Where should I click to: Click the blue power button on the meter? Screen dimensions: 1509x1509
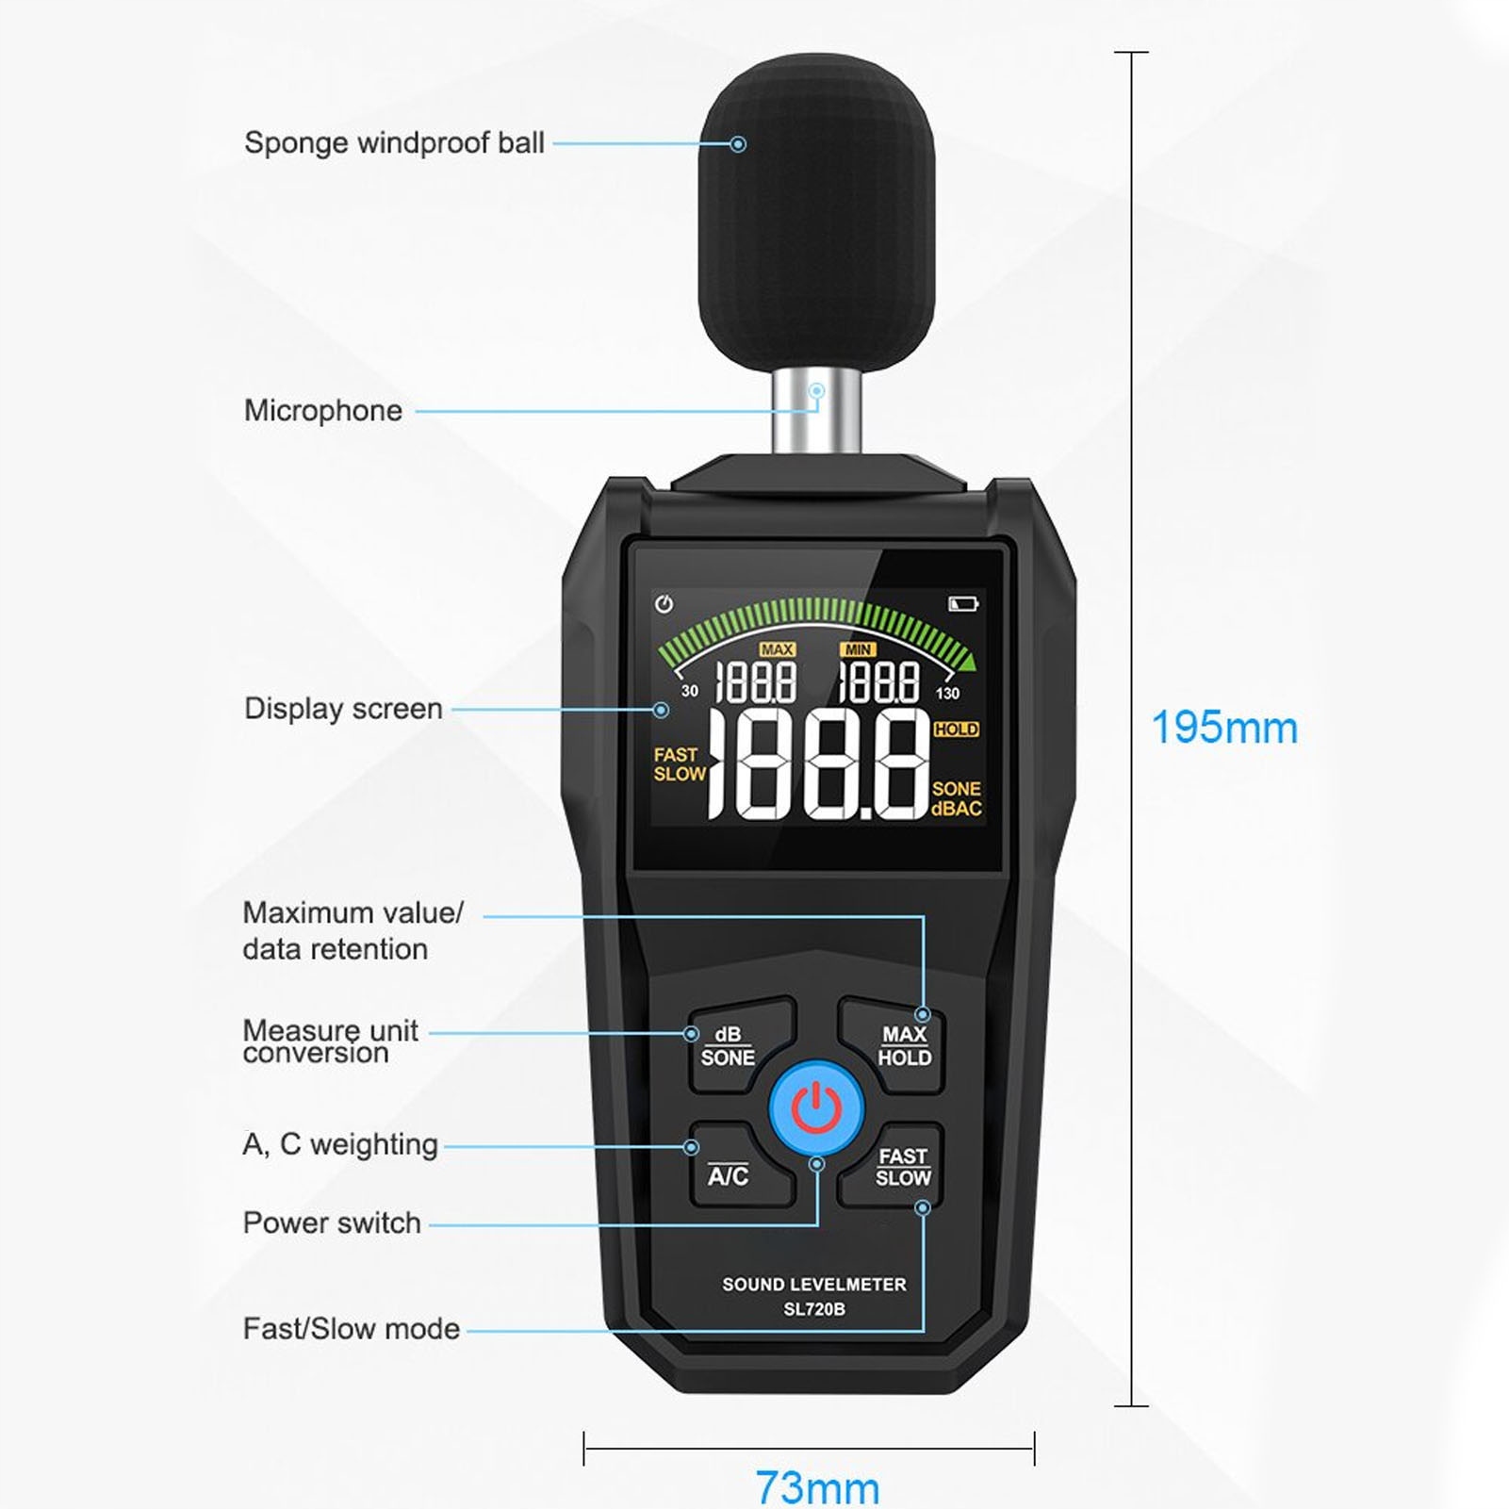click(816, 1108)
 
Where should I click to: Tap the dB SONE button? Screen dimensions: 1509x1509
click(729, 1046)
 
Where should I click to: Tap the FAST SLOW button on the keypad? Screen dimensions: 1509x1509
click(903, 1167)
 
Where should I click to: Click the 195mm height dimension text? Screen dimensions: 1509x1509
click(1224, 728)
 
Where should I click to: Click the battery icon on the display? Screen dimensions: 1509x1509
click(962, 603)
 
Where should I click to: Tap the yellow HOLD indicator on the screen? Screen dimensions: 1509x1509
click(956, 730)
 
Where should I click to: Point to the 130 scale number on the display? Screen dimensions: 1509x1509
click(947, 694)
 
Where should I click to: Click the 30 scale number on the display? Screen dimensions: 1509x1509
click(690, 691)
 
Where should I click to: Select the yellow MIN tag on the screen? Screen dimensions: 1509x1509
click(858, 649)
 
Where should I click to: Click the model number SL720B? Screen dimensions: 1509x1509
click(814, 1309)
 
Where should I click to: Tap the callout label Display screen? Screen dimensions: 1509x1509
click(343, 709)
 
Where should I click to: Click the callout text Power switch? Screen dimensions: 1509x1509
click(332, 1223)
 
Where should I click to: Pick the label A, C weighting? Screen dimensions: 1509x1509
click(340, 1144)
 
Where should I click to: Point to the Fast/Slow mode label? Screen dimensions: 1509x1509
click(352, 1329)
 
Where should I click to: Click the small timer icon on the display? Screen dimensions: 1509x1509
click(664, 604)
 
